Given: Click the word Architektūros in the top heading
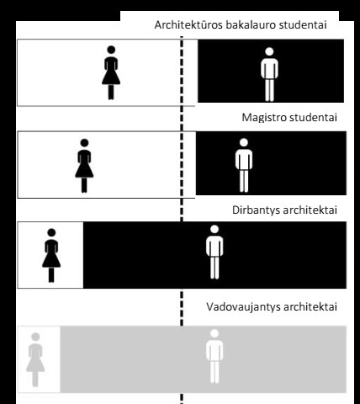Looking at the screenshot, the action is pyautogui.click(x=188, y=24).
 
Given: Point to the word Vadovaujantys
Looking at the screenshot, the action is pyautogui.click(x=244, y=306).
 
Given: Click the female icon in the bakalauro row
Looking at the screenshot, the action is pyautogui.click(x=111, y=72).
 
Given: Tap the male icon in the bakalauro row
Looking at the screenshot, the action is pyautogui.click(x=269, y=74).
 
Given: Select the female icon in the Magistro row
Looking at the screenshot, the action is pyautogui.click(x=84, y=166).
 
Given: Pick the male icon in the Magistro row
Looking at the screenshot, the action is pyautogui.click(x=244, y=166).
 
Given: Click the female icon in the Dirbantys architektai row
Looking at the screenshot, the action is pyautogui.click(x=51, y=256).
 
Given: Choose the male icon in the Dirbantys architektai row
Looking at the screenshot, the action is pyautogui.click(x=214, y=252).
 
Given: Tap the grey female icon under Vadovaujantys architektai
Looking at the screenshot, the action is pyautogui.click(x=35, y=359).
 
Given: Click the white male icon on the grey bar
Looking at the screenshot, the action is pyautogui.click(x=214, y=357).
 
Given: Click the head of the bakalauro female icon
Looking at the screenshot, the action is pyautogui.click(x=111, y=50).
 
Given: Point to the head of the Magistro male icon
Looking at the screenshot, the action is pyautogui.click(x=244, y=142).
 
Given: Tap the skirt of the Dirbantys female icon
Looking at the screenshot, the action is pyautogui.click(x=51, y=261).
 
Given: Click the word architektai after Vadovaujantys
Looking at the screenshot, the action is pyautogui.click(x=310, y=306).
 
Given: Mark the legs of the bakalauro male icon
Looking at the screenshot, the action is pyautogui.click(x=269, y=90).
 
